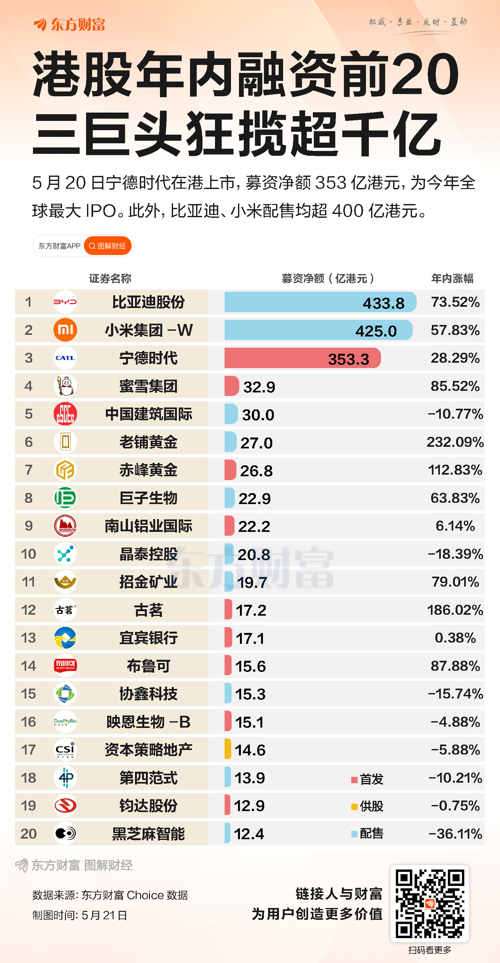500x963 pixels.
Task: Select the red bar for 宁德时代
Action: point(302,358)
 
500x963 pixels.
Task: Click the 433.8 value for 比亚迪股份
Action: point(383,303)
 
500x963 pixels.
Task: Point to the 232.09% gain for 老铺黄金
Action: point(455,442)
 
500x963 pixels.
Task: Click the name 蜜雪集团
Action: point(148,386)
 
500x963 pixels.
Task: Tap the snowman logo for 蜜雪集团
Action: point(66,386)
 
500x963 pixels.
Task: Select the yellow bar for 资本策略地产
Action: point(228,750)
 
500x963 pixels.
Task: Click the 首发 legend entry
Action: point(368,779)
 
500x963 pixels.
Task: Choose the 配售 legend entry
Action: point(368,833)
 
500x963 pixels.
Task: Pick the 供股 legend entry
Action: point(368,806)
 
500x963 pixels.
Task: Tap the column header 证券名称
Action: point(110,278)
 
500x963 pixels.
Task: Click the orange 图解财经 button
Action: point(108,246)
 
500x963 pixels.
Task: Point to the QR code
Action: point(430,903)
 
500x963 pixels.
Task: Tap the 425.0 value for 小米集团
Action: point(376,331)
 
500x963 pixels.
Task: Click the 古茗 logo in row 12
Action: point(66,610)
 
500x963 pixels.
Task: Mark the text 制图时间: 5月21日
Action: point(80,915)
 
